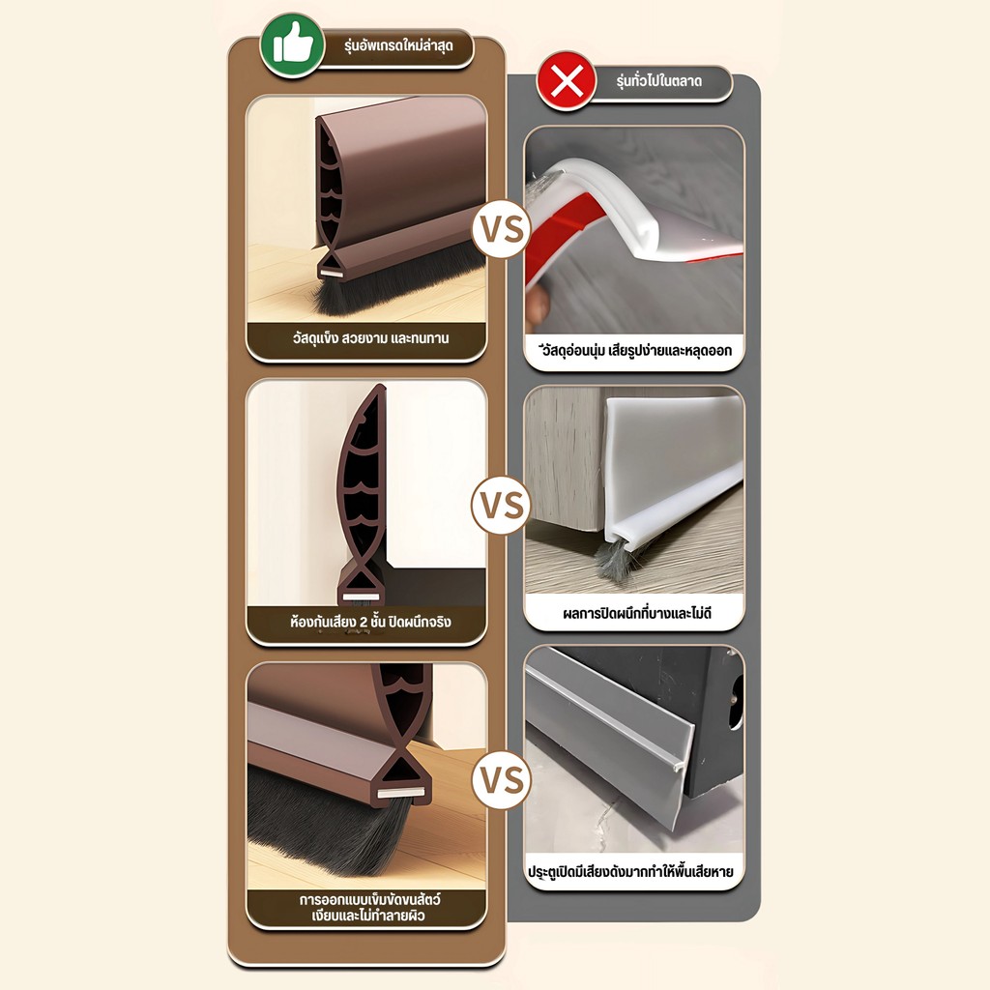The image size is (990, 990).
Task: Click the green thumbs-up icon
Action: [292, 45]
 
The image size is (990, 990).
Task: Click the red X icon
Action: [567, 81]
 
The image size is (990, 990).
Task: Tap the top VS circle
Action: [502, 228]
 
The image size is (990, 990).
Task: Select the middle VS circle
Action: [502, 505]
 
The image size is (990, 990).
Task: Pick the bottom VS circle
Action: [502, 780]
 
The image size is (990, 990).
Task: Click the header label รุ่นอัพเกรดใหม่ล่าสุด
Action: [398, 46]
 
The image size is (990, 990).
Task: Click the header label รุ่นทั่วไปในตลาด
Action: [659, 81]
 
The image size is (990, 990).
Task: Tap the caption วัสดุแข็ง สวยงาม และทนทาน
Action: [370, 338]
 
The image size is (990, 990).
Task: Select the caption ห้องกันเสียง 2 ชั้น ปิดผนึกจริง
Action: [370, 622]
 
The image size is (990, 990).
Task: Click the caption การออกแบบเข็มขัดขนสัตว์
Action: [370, 898]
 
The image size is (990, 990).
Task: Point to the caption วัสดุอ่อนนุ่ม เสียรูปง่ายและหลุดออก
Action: [635, 350]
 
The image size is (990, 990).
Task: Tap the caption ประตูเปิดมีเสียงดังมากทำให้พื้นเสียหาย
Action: [630, 872]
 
